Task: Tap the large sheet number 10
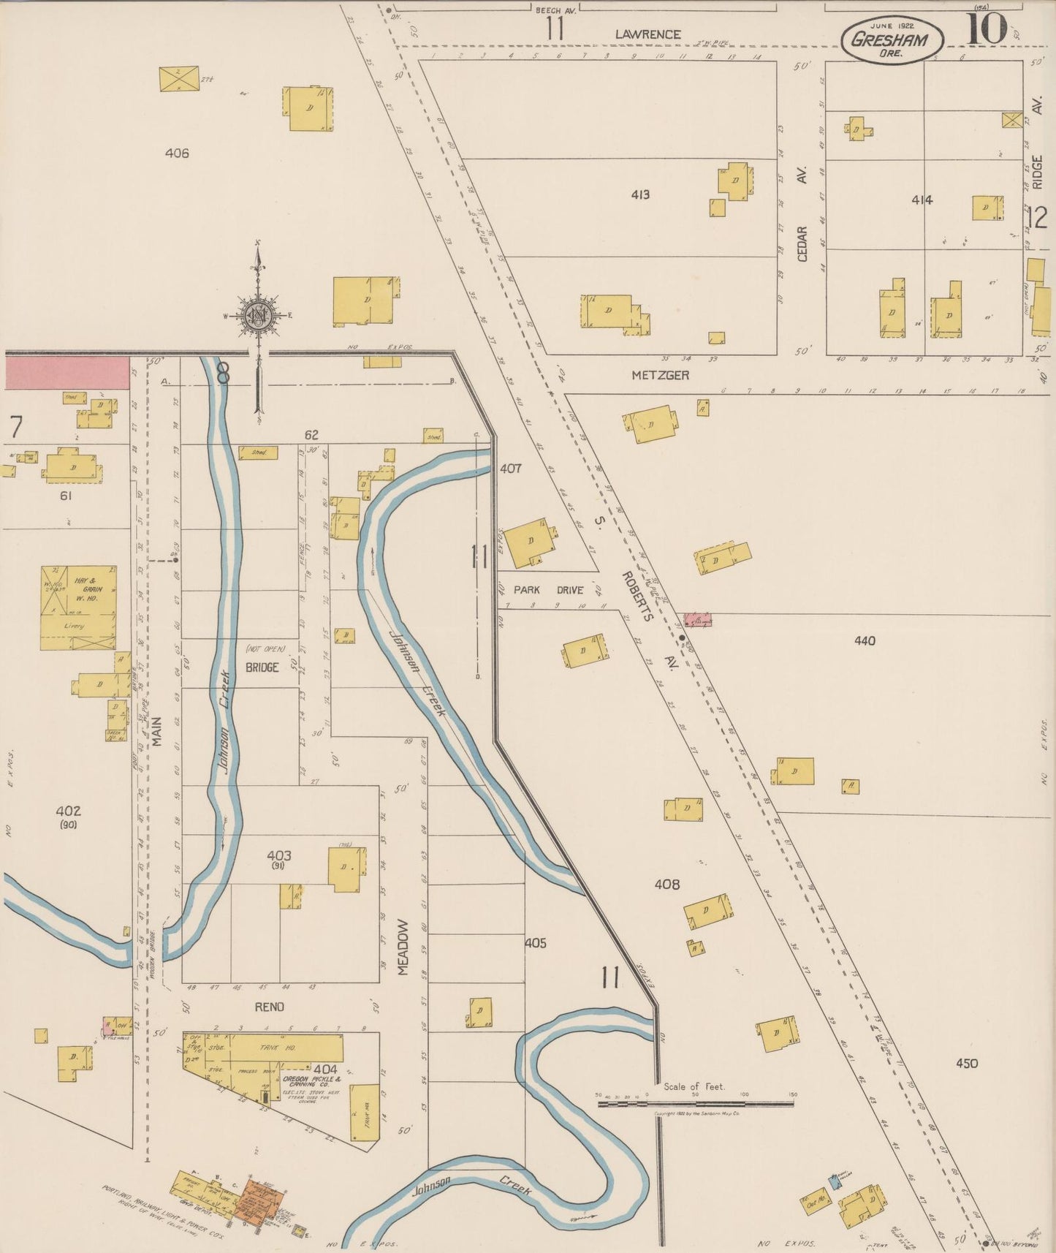tap(987, 29)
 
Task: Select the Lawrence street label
tap(647, 34)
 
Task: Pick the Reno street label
tap(269, 1007)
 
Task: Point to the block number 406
tap(177, 153)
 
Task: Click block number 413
tap(639, 194)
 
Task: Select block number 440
tap(865, 641)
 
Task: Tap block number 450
tap(966, 1063)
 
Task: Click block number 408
tap(666, 885)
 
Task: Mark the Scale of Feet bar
tap(695, 1102)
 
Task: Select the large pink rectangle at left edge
tap(67, 373)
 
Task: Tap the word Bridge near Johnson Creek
tap(262, 667)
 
